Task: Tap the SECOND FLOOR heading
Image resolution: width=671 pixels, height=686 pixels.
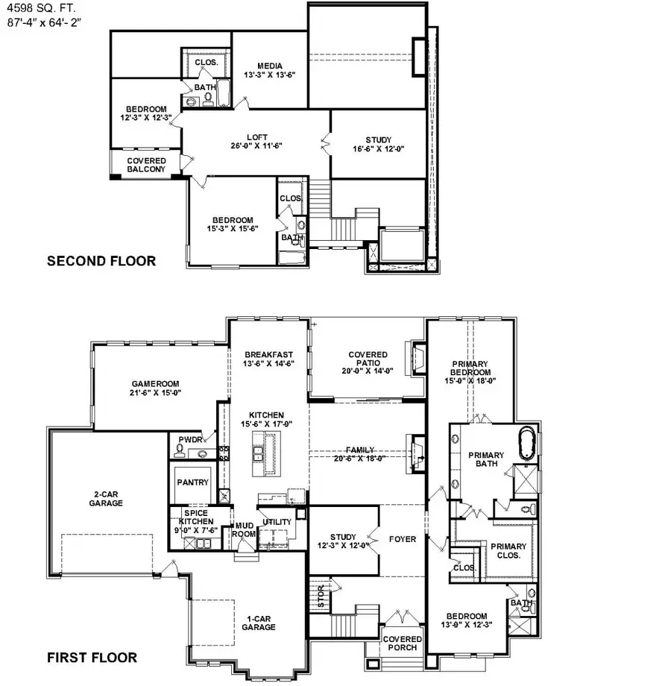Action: (101, 261)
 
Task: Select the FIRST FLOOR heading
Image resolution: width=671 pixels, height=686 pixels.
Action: (92, 658)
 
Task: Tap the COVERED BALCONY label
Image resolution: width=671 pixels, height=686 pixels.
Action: (146, 165)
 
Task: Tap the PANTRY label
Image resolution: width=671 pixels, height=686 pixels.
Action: (192, 482)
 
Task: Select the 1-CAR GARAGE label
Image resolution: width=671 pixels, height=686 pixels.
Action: (259, 623)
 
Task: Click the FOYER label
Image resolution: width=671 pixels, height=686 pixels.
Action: (403, 539)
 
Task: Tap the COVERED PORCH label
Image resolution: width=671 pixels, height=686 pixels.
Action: (403, 643)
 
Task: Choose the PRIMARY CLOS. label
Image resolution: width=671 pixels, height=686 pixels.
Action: (508, 551)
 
